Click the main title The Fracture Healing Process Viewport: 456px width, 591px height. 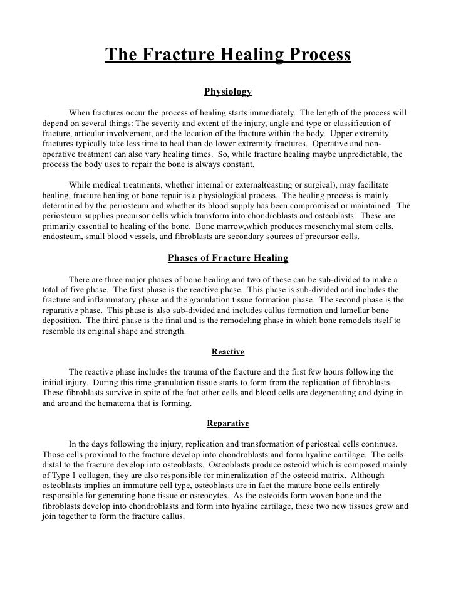(x=228, y=55)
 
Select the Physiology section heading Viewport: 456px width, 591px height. (x=228, y=92)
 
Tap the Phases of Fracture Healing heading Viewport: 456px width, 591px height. (x=228, y=258)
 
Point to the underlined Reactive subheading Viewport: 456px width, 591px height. (x=228, y=351)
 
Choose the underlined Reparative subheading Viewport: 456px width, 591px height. (x=228, y=423)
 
